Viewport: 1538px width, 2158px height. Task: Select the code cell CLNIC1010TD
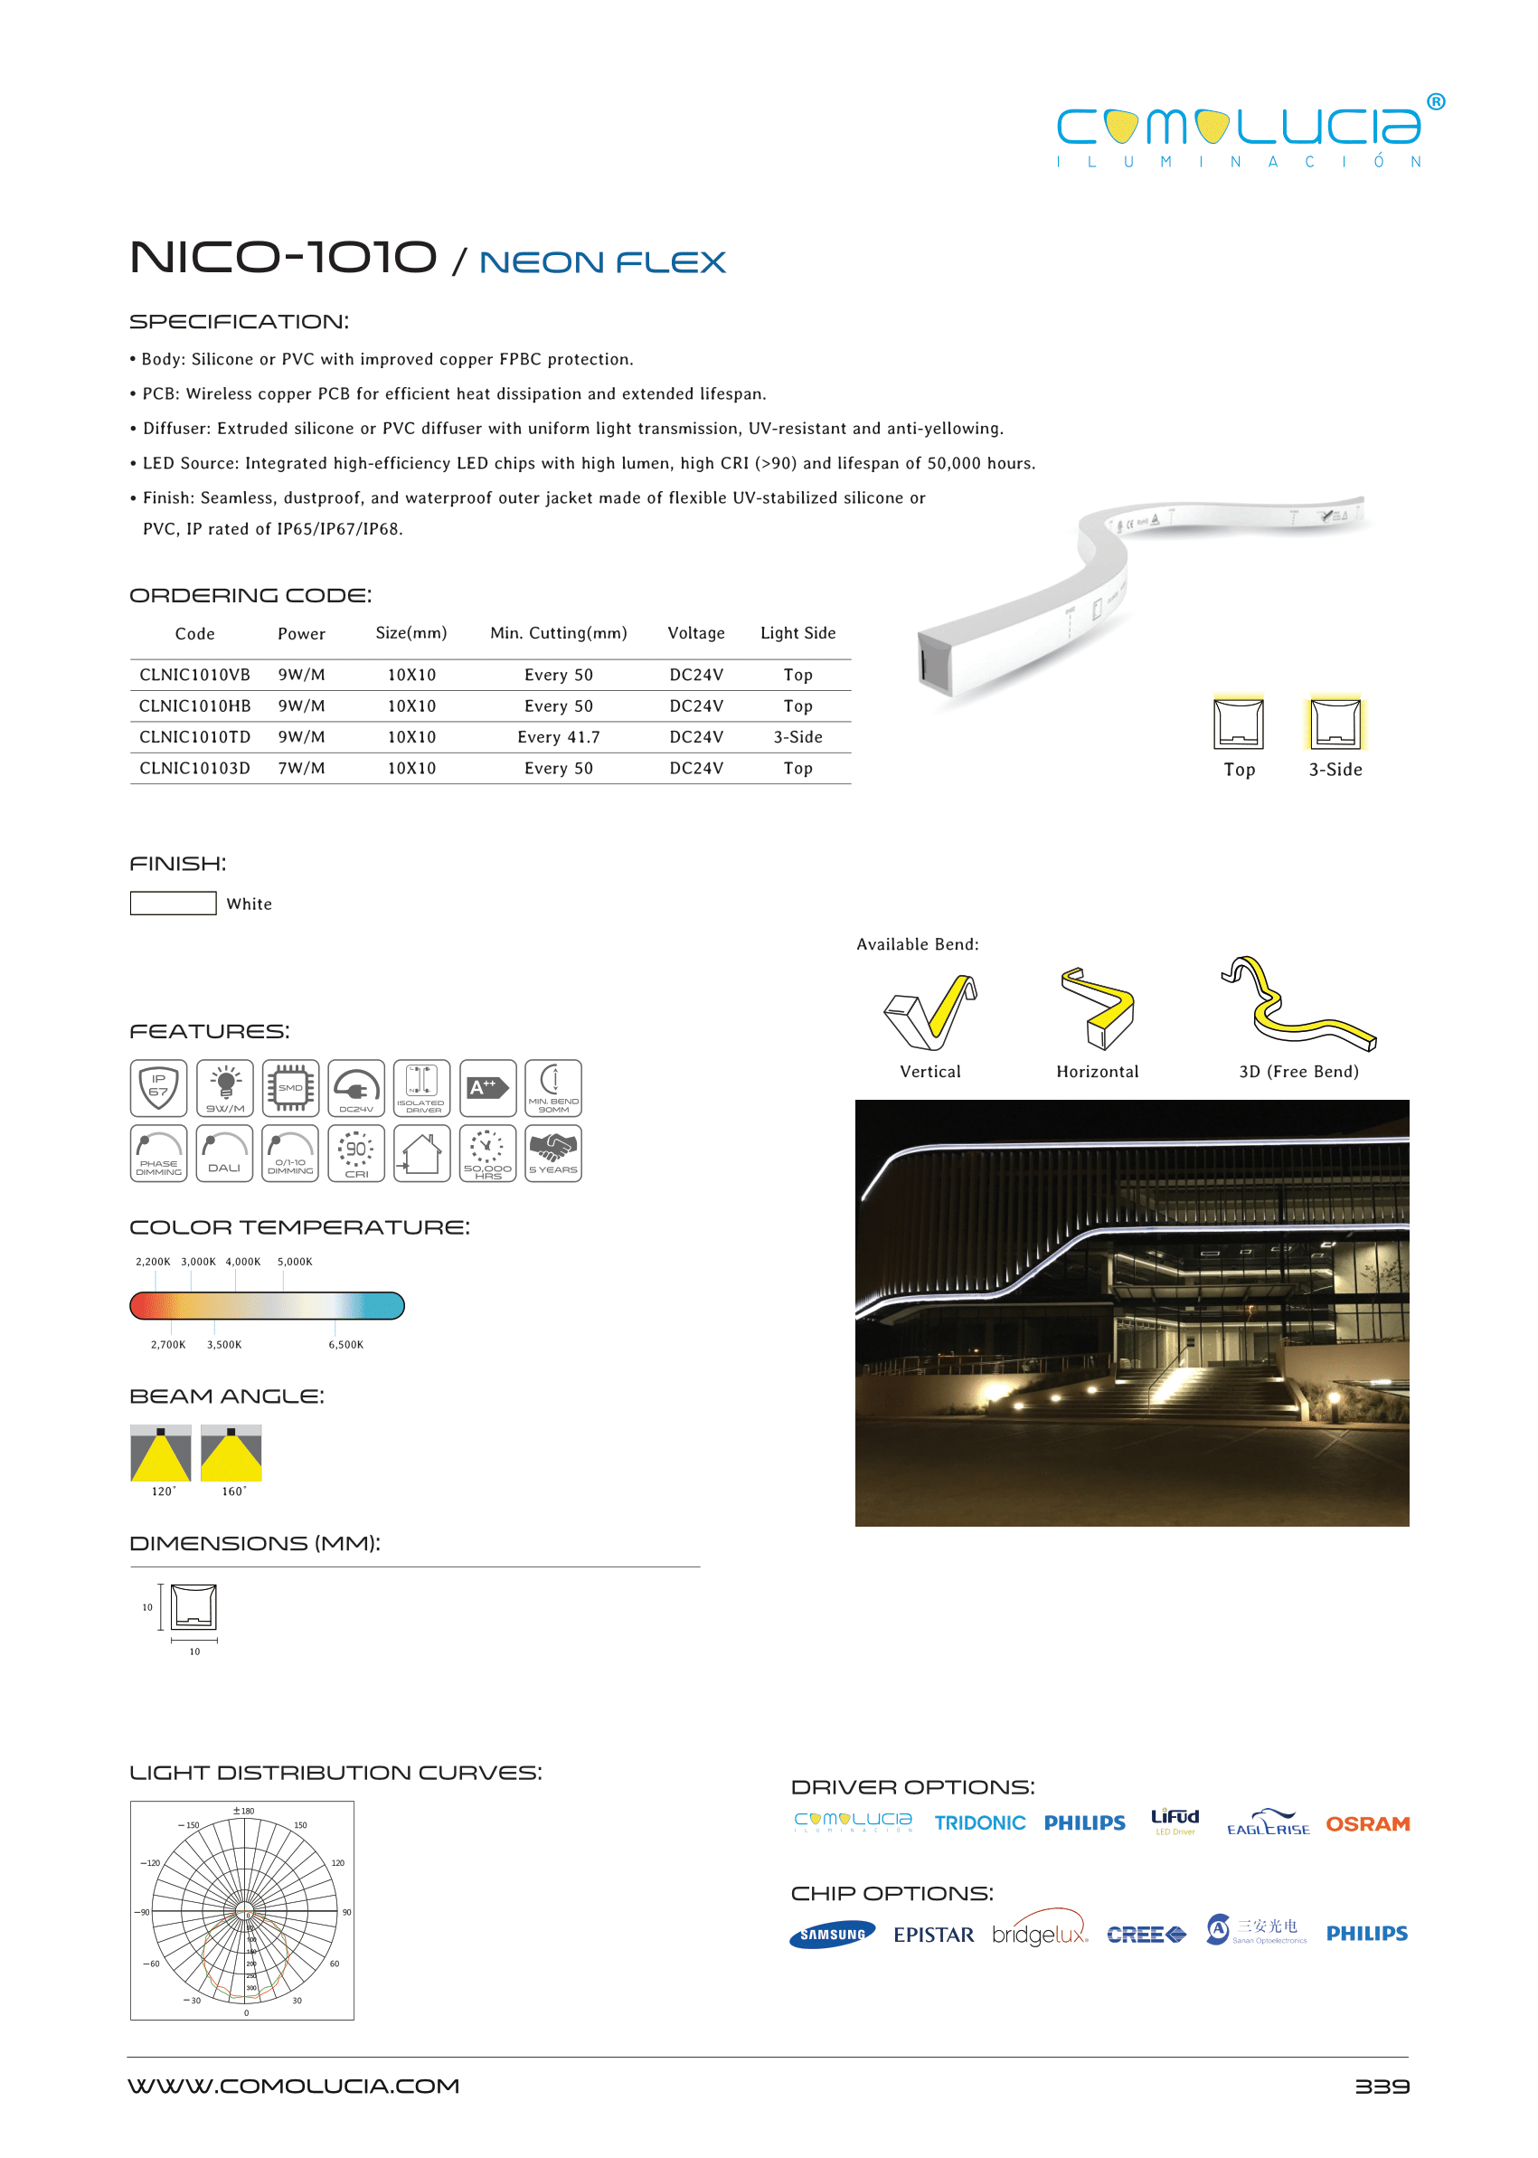[x=194, y=737]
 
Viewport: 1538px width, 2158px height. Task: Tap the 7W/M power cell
[x=301, y=768]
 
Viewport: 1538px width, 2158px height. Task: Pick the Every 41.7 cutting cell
[x=558, y=737]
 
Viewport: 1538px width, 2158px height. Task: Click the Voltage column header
[x=695, y=633]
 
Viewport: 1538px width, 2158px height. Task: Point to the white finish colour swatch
[x=173, y=903]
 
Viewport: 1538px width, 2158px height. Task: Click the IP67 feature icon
[x=158, y=1087]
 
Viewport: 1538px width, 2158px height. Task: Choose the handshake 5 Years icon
[x=553, y=1153]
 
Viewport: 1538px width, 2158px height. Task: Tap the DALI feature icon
[x=224, y=1153]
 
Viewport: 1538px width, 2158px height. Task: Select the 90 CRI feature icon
[x=356, y=1153]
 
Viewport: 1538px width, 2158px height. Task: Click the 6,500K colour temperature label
[x=345, y=1344]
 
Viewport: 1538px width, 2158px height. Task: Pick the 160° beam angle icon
[x=231, y=1453]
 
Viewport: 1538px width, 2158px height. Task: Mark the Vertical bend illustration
[x=930, y=1012]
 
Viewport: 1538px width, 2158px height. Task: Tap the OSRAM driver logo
[x=1366, y=1823]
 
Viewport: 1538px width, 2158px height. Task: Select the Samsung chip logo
[x=832, y=1935]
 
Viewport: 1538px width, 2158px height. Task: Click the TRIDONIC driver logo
[x=979, y=1823]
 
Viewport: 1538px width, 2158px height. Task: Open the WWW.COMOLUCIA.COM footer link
[x=294, y=2086]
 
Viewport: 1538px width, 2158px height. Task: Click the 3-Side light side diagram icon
[x=1335, y=724]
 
